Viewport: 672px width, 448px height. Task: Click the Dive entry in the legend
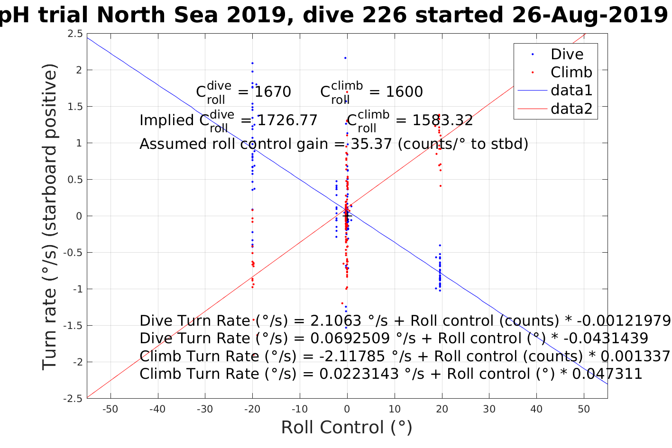coord(567,55)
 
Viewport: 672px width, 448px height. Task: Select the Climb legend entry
coord(571,73)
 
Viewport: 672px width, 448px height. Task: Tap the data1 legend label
coord(571,91)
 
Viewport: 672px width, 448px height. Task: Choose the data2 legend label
coord(571,109)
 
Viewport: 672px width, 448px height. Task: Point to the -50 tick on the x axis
coord(110,409)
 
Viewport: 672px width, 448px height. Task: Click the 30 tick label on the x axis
coord(489,409)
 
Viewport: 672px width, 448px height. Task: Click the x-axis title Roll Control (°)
coord(347,428)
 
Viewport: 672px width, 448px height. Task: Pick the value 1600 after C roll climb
coord(404,91)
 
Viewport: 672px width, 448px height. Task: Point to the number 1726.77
coord(287,120)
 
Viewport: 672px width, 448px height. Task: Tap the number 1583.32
coord(442,120)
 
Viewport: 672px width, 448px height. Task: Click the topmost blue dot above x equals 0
coord(345,58)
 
